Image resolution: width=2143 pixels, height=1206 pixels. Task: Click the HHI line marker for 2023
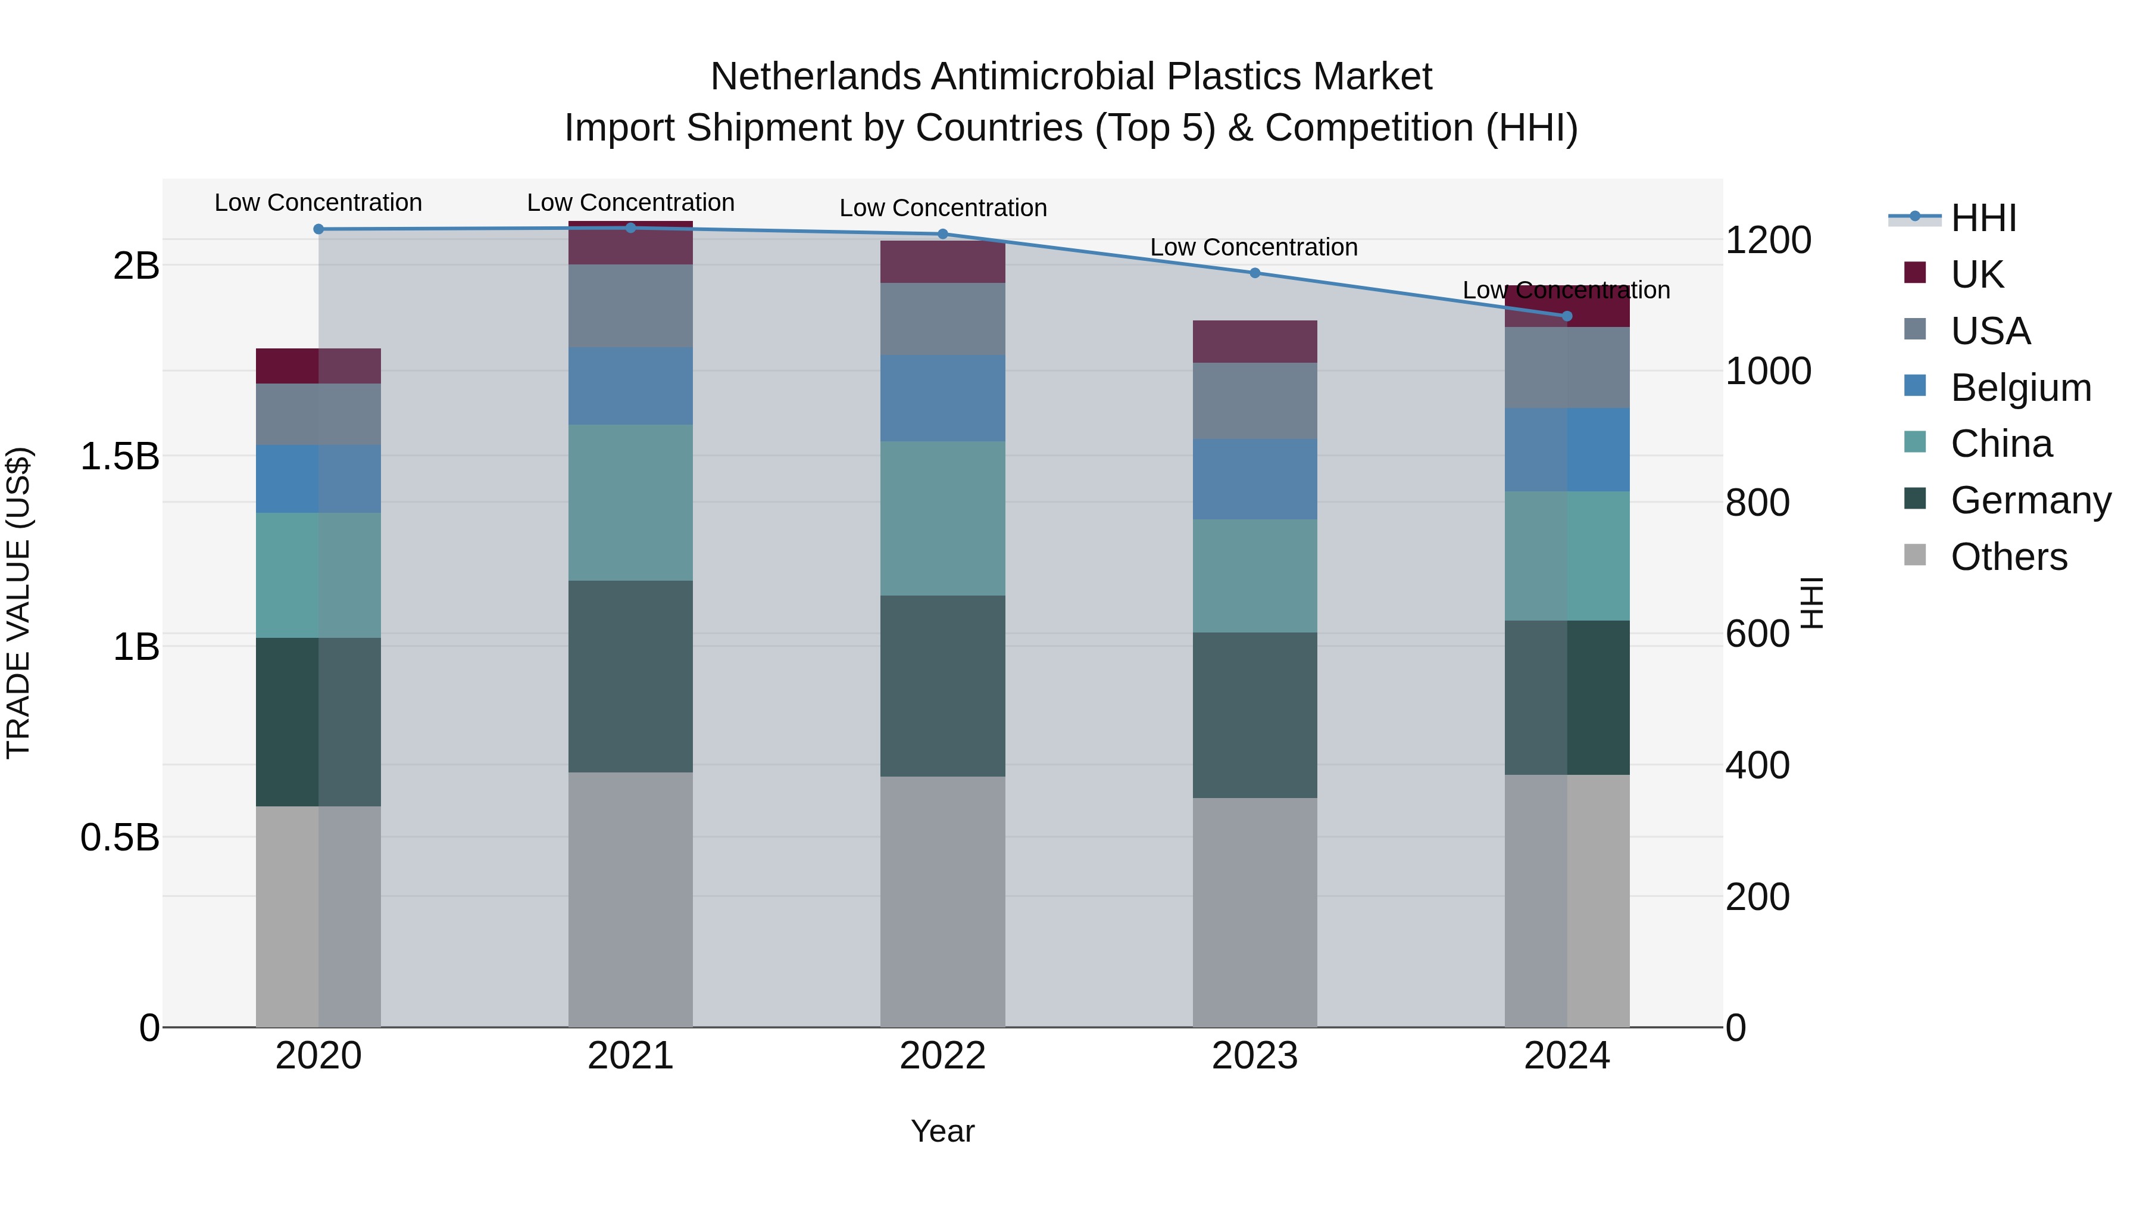click(x=1254, y=273)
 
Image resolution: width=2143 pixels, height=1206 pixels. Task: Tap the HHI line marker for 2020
click(x=318, y=229)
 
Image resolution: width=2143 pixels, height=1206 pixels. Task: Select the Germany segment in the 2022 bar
click(x=942, y=686)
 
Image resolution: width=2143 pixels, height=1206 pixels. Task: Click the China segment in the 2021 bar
click(x=630, y=503)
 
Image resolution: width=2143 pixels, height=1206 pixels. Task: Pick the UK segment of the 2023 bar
click(x=1254, y=341)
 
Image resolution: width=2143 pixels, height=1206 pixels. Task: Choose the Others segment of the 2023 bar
click(x=1254, y=912)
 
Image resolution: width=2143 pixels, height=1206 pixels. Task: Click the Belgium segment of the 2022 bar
click(x=942, y=398)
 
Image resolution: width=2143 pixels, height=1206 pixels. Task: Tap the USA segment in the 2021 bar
click(x=630, y=306)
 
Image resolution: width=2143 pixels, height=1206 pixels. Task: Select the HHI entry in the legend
click(x=1983, y=218)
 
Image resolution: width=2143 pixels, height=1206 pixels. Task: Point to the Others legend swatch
click(x=1914, y=555)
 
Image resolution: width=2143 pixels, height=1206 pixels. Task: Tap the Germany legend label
click(x=2030, y=500)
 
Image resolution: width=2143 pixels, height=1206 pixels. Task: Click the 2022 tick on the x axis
click(x=942, y=1056)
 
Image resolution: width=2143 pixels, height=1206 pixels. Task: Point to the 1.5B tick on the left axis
click(x=120, y=456)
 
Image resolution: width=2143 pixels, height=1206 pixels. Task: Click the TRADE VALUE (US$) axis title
click(x=18, y=603)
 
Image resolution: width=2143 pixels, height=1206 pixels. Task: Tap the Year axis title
click(x=942, y=1131)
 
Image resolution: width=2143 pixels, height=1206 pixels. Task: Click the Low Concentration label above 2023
click(x=1254, y=247)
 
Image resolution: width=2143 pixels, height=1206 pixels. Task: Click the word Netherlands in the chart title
click(x=816, y=77)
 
